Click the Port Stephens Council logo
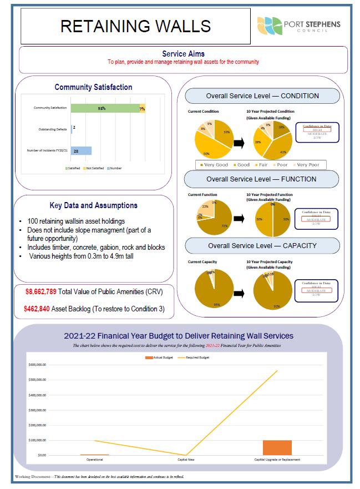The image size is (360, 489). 299,26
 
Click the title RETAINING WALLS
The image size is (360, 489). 135,26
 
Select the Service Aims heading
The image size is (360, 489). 183,54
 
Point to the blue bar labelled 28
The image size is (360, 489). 81,150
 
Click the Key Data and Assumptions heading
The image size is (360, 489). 93,205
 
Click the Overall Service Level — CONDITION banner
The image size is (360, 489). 262,95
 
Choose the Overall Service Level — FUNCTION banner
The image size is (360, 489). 262,179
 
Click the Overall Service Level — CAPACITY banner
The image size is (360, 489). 262,245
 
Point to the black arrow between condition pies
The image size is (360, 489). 239,144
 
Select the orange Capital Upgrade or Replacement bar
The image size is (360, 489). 277,447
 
